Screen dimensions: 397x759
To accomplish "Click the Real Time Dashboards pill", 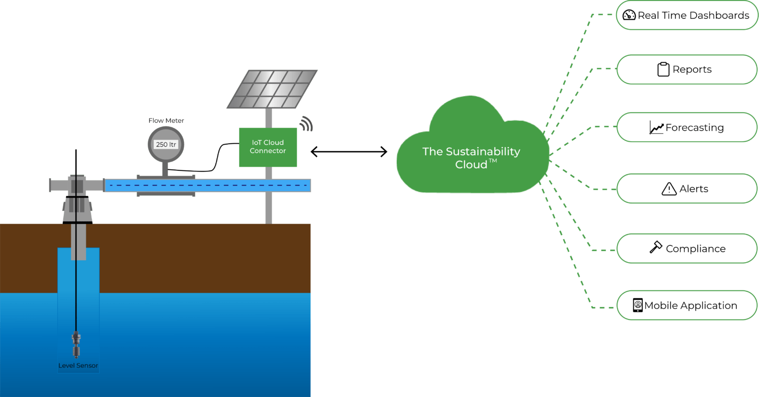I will click(x=686, y=15).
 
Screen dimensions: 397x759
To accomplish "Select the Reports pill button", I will click(x=686, y=70).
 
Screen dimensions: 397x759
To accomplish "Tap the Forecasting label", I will click(x=694, y=128).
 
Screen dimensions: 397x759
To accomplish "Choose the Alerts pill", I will click(x=686, y=189).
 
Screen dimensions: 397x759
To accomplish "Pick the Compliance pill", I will click(x=686, y=249).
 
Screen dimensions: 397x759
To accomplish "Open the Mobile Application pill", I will click(x=686, y=306).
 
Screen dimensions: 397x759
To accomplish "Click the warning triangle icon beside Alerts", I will click(x=669, y=189).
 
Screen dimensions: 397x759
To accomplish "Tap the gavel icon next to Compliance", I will click(x=655, y=247).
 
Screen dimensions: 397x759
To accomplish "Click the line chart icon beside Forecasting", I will click(x=656, y=128).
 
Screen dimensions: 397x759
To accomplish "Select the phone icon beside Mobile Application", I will click(x=637, y=305).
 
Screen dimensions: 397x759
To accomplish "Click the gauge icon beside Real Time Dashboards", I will click(x=629, y=15).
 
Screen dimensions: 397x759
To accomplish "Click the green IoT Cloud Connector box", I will click(x=268, y=147).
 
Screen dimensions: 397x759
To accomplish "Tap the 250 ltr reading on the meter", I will click(x=166, y=145).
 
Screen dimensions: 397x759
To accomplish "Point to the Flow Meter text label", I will click(x=166, y=120).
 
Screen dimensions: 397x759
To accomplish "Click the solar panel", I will click(x=271, y=89).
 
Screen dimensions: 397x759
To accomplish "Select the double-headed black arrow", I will click(x=349, y=152).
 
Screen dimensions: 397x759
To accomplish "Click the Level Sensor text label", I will click(x=78, y=366).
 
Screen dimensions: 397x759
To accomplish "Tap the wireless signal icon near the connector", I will click(x=307, y=124).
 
